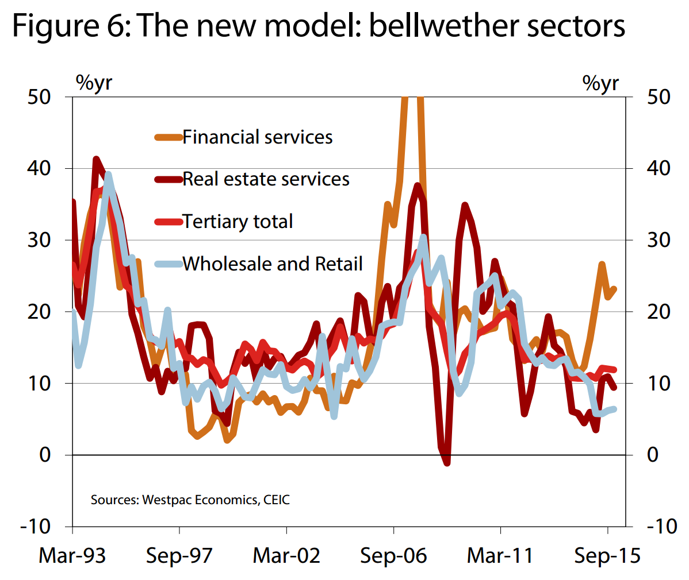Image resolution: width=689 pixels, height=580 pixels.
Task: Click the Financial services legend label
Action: pos(257,137)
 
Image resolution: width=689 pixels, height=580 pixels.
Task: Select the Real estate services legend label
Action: pos(266,179)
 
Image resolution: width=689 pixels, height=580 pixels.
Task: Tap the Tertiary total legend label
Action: pos(238,222)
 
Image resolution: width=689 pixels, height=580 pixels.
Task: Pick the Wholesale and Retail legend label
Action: pos(273,264)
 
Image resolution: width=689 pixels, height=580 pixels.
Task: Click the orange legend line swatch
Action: pos(169,137)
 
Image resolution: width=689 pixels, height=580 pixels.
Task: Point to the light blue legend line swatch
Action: pos(169,264)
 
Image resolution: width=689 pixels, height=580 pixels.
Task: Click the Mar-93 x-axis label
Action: pos(72,556)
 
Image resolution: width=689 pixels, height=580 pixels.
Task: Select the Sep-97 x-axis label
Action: pos(179,556)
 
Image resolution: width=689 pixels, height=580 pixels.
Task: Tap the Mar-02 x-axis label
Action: pos(286,556)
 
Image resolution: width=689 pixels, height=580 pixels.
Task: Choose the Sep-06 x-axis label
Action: pos(393,556)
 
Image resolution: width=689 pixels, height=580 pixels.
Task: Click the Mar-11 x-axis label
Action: pos(500,556)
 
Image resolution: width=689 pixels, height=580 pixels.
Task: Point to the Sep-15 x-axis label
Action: pos(607,556)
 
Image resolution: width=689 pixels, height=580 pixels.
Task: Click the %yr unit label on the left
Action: pos(94,83)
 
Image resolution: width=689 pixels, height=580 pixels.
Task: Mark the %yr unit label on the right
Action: pos(600,83)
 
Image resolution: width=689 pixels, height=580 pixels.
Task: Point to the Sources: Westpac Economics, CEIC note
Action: pos(190,500)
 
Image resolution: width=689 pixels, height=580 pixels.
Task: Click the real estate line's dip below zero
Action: pos(446,461)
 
